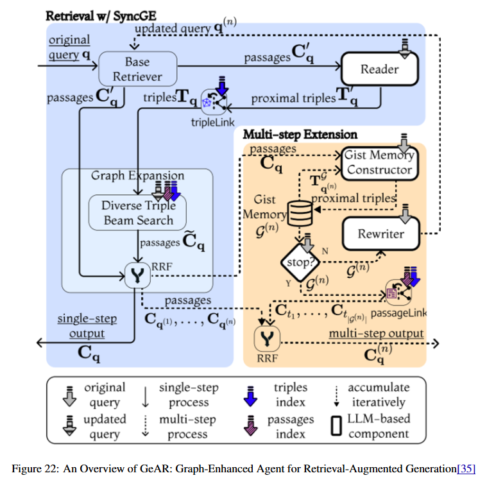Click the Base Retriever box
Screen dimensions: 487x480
[137, 69]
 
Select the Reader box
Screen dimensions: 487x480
[380, 69]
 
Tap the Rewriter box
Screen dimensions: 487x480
[381, 234]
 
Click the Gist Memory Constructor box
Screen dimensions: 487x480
[380, 163]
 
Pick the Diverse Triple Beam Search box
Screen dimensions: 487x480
[137, 212]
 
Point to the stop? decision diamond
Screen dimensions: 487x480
[300, 262]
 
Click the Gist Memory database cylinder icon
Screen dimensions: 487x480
[300, 213]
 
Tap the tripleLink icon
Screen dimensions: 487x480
[214, 101]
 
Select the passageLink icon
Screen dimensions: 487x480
[398, 292]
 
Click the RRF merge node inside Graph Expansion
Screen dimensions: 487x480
[137, 275]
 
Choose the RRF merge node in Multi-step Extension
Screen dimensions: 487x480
[267, 339]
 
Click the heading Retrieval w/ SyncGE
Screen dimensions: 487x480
[101, 16]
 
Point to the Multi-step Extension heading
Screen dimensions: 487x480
[300, 135]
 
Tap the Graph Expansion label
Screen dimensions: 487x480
[137, 176]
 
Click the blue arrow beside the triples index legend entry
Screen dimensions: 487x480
[250, 396]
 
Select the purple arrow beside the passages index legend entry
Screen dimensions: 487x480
[250, 425]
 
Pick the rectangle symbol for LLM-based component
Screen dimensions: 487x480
[336, 425]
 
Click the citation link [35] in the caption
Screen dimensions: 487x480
[466, 468]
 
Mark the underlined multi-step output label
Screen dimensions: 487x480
[376, 333]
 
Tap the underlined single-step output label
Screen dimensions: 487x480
[87, 326]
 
